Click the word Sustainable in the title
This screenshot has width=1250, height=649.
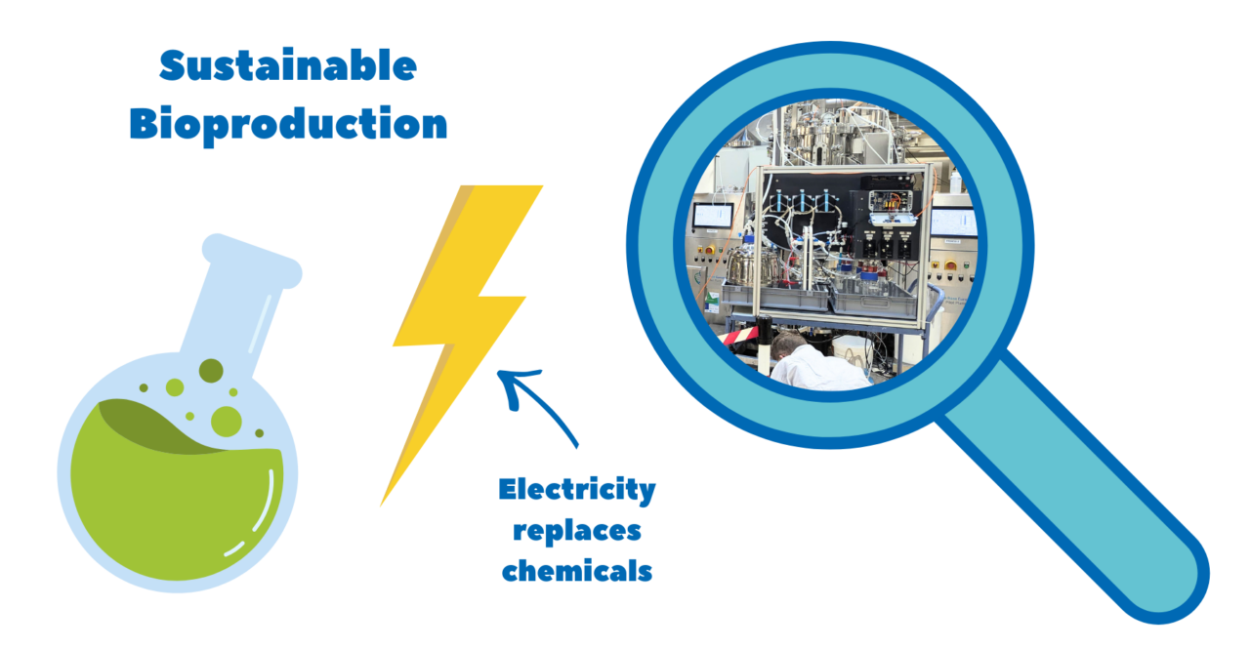(288, 66)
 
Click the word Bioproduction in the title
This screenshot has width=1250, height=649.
(288, 124)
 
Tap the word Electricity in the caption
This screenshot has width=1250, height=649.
(576, 489)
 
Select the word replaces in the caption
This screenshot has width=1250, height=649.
(577, 530)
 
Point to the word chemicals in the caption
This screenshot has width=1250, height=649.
(577, 570)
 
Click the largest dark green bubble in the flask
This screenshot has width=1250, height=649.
(211, 371)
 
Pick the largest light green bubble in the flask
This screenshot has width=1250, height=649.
(226, 421)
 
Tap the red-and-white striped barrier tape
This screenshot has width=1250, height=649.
(742, 338)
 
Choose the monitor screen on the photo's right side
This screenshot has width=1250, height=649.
(952, 223)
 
